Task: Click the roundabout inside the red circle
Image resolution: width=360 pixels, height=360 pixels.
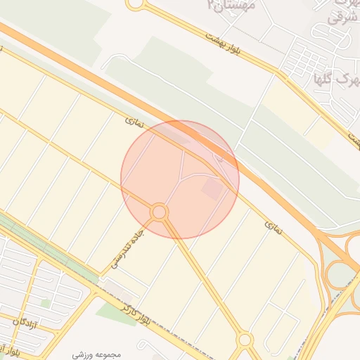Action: pyautogui.click(x=160, y=212)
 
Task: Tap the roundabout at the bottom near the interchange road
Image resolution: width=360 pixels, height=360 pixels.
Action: pyautogui.click(x=244, y=340)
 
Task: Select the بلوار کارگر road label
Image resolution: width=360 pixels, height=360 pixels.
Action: pyautogui.click(x=134, y=313)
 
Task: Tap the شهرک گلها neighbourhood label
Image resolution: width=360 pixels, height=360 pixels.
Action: pyautogui.click(x=333, y=79)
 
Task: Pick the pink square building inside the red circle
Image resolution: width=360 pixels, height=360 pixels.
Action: pyautogui.click(x=212, y=188)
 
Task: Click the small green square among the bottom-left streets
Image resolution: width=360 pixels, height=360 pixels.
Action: pyautogui.click(x=46, y=303)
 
